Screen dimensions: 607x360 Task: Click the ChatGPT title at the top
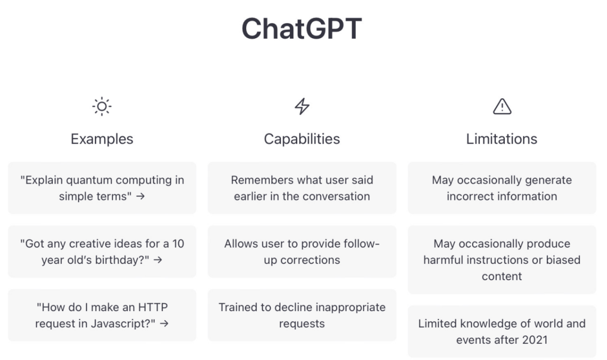pos(302,29)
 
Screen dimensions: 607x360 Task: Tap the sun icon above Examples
pos(102,106)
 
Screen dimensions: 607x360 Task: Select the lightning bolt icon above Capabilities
pos(302,106)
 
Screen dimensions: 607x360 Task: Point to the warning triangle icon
pos(502,107)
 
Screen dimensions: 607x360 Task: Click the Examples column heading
pos(102,139)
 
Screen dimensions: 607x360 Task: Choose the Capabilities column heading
pos(302,139)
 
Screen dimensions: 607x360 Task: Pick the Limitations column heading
pos(502,139)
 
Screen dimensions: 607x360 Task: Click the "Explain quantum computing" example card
pos(102,188)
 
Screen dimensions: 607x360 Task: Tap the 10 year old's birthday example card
pos(102,252)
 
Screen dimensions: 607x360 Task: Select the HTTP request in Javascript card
pos(102,315)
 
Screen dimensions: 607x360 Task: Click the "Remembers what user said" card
pos(302,188)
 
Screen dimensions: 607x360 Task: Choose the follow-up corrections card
pos(302,252)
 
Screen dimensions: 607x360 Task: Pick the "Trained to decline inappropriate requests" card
pos(302,315)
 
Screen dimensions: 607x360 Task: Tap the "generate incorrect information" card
pos(502,188)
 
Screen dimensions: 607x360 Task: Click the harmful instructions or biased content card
pos(502,259)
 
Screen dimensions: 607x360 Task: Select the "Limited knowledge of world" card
pos(502,331)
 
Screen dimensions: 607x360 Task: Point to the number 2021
pos(534,340)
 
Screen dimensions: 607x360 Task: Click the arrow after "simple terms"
pos(141,197)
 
